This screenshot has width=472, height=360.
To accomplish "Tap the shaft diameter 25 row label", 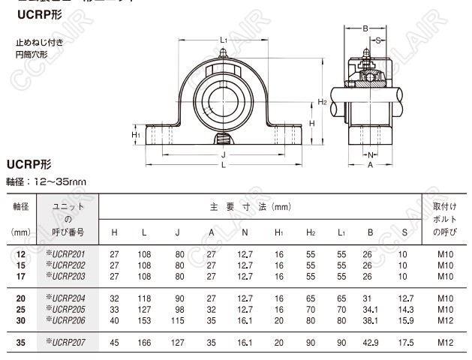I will click(20, 309).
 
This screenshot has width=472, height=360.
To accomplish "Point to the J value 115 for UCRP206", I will click(178, 319).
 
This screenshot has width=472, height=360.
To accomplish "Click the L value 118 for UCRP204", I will click(143, 298).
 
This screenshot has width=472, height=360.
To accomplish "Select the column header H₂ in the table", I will click(311, 232).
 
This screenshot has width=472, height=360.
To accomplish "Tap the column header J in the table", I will click(178, 232).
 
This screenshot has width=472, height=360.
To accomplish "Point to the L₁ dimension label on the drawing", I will click(224, 39).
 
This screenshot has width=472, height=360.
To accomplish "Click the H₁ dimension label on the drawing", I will click(136, 135).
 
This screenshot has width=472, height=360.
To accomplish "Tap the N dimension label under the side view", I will click(370, 155).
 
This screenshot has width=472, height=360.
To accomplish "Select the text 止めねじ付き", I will click(39, 43).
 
